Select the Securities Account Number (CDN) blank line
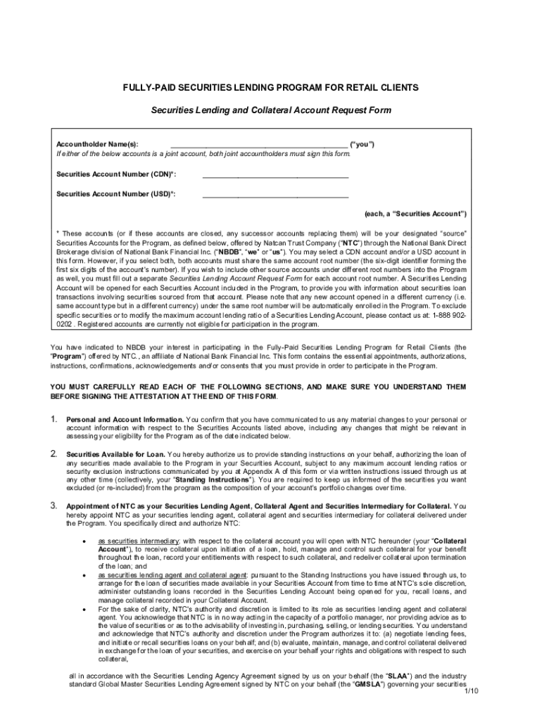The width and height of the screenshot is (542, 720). point(275,176)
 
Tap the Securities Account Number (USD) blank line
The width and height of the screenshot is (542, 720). point(275,195)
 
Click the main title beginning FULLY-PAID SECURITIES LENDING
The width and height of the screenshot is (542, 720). point(271,88)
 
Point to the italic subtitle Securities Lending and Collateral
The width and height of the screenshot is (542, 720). point(271,111)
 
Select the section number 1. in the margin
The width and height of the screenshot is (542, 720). point(53,420)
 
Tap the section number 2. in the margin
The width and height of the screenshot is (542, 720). point(53,454)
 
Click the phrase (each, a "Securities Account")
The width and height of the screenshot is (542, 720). point(415,213)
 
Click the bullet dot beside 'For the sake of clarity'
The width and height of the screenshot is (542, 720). point(84,608)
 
